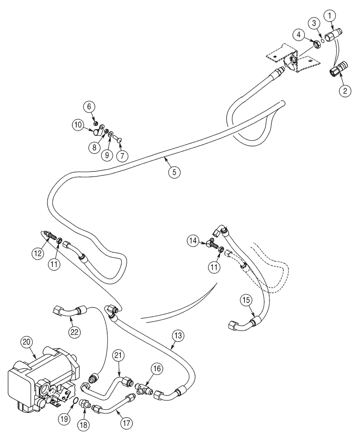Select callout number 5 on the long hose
point(174,173)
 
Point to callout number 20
point(27,342)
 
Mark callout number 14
point(192,241)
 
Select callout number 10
point(77,125)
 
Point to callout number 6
point(89,106)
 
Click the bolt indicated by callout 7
point(120,140)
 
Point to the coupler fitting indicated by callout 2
point(337,71)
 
